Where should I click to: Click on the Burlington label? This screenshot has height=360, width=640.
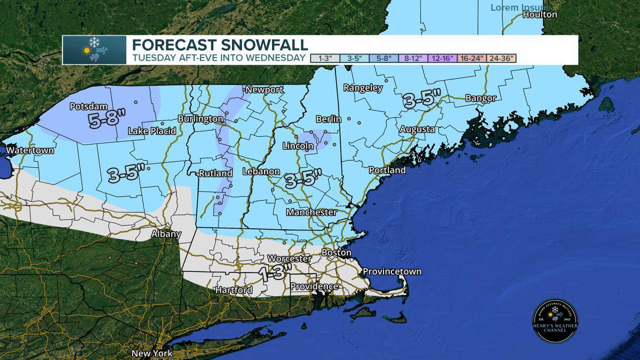(x=201, y=118)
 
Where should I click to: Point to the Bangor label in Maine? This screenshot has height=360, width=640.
(x=481, y=98)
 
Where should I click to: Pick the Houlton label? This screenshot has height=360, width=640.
(x=540, y=15)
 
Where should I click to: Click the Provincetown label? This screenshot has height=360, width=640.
(x=392, y=271)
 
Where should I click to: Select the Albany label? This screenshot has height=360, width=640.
(x=166, y=234)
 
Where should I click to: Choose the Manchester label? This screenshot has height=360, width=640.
(x=311, y=212)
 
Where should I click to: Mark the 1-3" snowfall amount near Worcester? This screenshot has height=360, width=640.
(x=275, y=273)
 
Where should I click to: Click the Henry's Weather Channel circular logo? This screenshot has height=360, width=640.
(x=555, y=321)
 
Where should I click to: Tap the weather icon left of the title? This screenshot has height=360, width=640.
(x=94, y=50)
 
